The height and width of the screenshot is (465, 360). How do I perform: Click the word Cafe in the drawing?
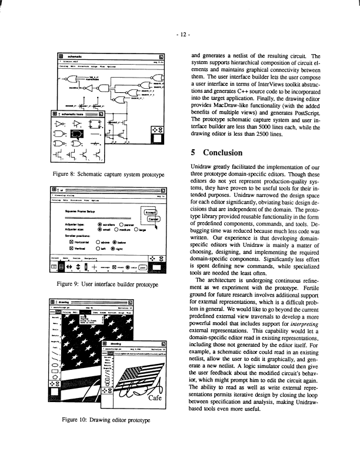point(154,382)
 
